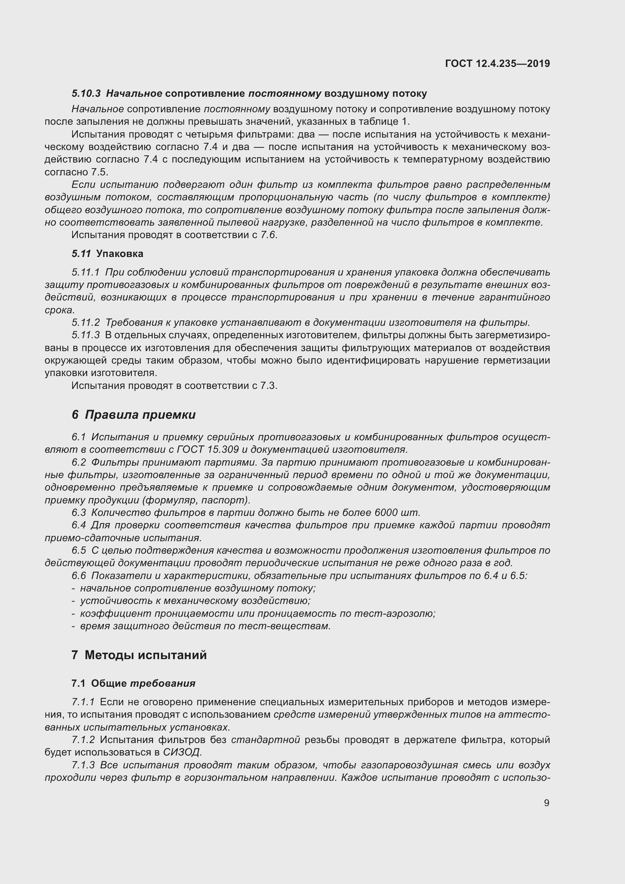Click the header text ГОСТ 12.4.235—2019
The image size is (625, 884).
tap(497, 63)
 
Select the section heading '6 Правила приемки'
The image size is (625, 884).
tap(133, 415)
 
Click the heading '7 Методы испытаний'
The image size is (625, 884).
tap(139, 655)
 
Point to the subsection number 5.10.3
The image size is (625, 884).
tap(86, 94)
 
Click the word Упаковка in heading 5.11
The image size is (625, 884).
tap(120, 254)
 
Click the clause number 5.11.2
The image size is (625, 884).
tap(85, 322)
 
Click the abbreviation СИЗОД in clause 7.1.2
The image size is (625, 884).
tap(182, 752)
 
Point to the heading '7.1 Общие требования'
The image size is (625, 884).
tap(133, 683)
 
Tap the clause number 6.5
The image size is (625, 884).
tap(79, 550)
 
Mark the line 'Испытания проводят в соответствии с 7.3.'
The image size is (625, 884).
tap(174, 385)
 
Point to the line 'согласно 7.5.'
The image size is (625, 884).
tap(77, 172)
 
